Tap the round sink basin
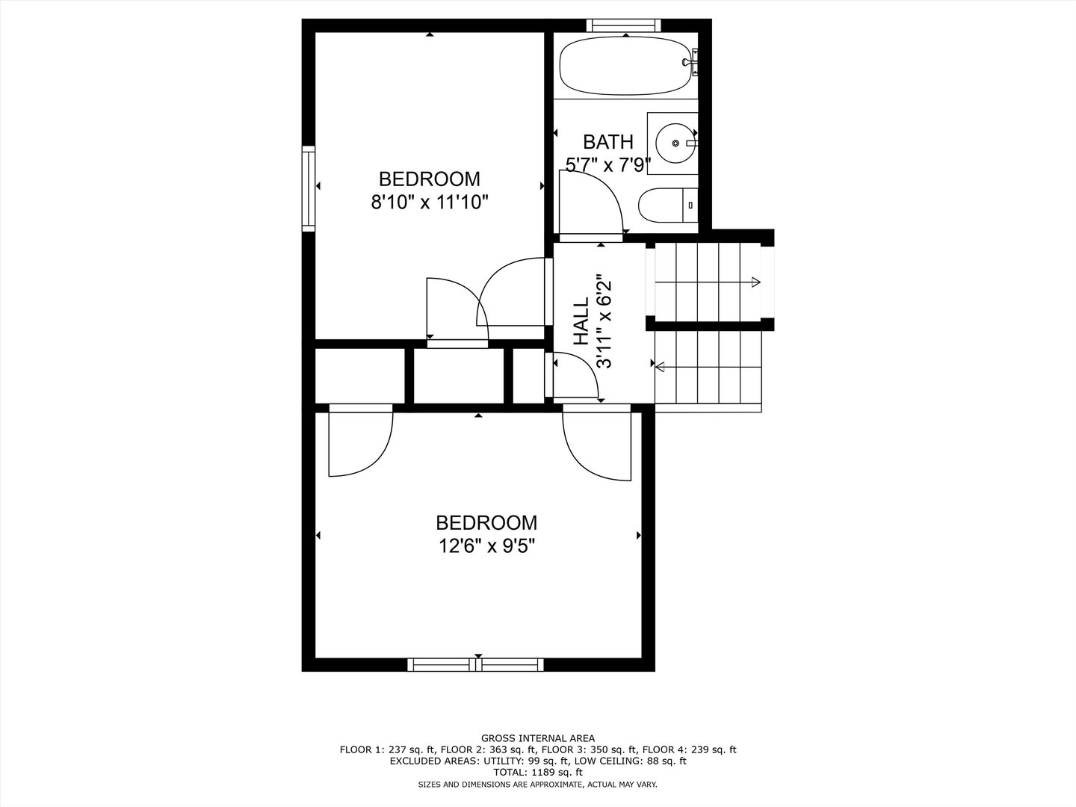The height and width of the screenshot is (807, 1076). tap(675, 142)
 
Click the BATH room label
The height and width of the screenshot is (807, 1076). tap(607, 142)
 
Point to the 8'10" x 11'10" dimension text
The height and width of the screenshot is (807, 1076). tap(429, 202)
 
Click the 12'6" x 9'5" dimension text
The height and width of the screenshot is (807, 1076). tap(486, 546)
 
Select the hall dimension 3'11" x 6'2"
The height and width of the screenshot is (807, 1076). tap(604, 321)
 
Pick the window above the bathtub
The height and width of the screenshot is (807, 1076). tap(622, 25)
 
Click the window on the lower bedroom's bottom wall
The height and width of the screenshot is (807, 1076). tap(476, 664)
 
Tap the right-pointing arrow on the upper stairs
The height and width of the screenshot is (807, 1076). tap(755, 282)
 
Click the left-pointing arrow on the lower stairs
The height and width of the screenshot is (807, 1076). tap(661, 365)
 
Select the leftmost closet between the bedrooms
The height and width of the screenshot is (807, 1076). tap(359, 374)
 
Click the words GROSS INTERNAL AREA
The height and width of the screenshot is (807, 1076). tap(538, 738)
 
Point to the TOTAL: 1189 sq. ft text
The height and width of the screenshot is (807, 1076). tap(538, 773)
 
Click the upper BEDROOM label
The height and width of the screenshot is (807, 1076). tap(429, 179)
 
